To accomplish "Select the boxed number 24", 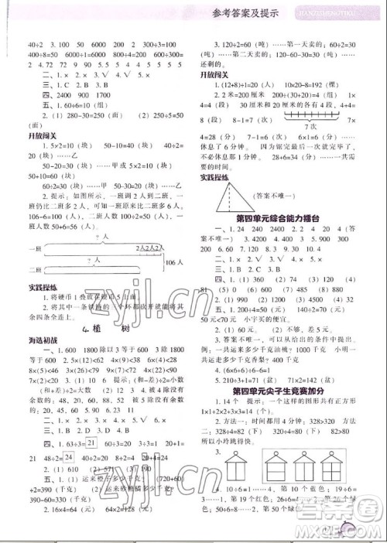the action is [x=70, y=457].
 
